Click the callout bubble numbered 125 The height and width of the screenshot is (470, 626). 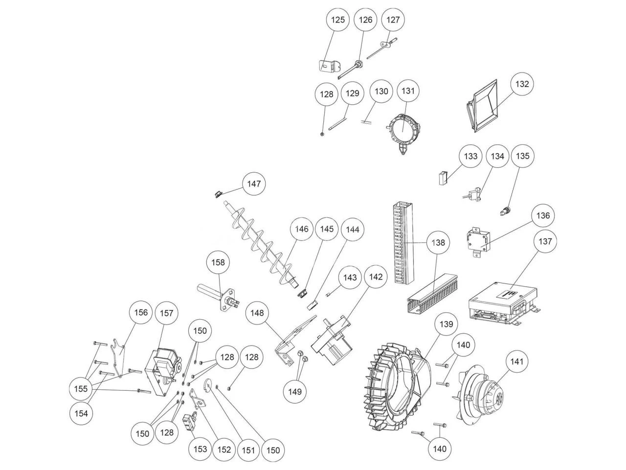(338, 20)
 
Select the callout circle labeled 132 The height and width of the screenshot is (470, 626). (522, 84)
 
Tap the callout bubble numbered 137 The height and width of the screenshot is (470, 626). (545, 241)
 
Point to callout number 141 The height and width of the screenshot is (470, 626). (517, 362)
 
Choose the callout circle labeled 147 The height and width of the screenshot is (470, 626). (254, 184)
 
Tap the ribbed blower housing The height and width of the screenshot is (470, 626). (396, 387)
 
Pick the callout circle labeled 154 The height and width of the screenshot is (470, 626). (82, 413)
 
